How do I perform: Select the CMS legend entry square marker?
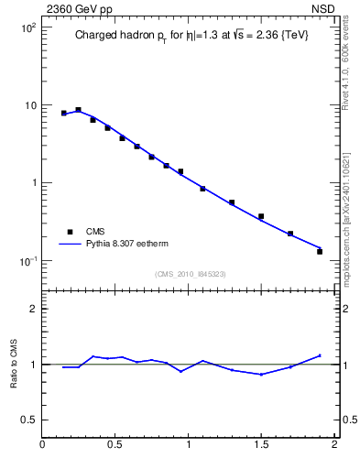point(67,232)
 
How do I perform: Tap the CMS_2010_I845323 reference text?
point(190,274)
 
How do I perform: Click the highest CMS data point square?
point(78,110)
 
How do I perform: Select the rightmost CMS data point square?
point(320,251)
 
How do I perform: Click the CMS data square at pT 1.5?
point(261,216)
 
